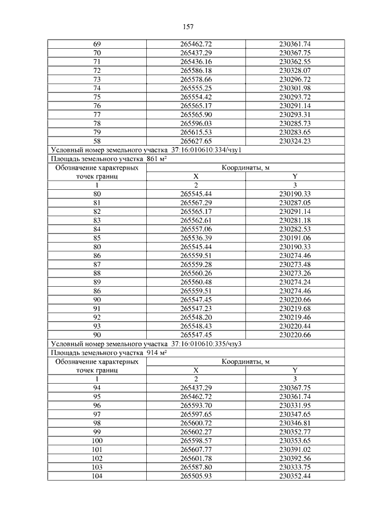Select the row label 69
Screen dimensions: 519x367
(x=96, y=44)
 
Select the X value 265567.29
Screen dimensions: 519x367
(x=196, y=203)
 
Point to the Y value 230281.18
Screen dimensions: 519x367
(x=295, y=220)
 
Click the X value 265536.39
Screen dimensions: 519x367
(x=196, y=237)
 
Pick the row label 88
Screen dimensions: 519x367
(x=96, y=273)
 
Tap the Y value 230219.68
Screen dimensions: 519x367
(x=295, y=308)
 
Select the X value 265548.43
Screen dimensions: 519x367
(x=196, y=325)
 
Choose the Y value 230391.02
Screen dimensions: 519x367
(x=295, y=449)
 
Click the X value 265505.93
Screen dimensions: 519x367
(x=196, y=475)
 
